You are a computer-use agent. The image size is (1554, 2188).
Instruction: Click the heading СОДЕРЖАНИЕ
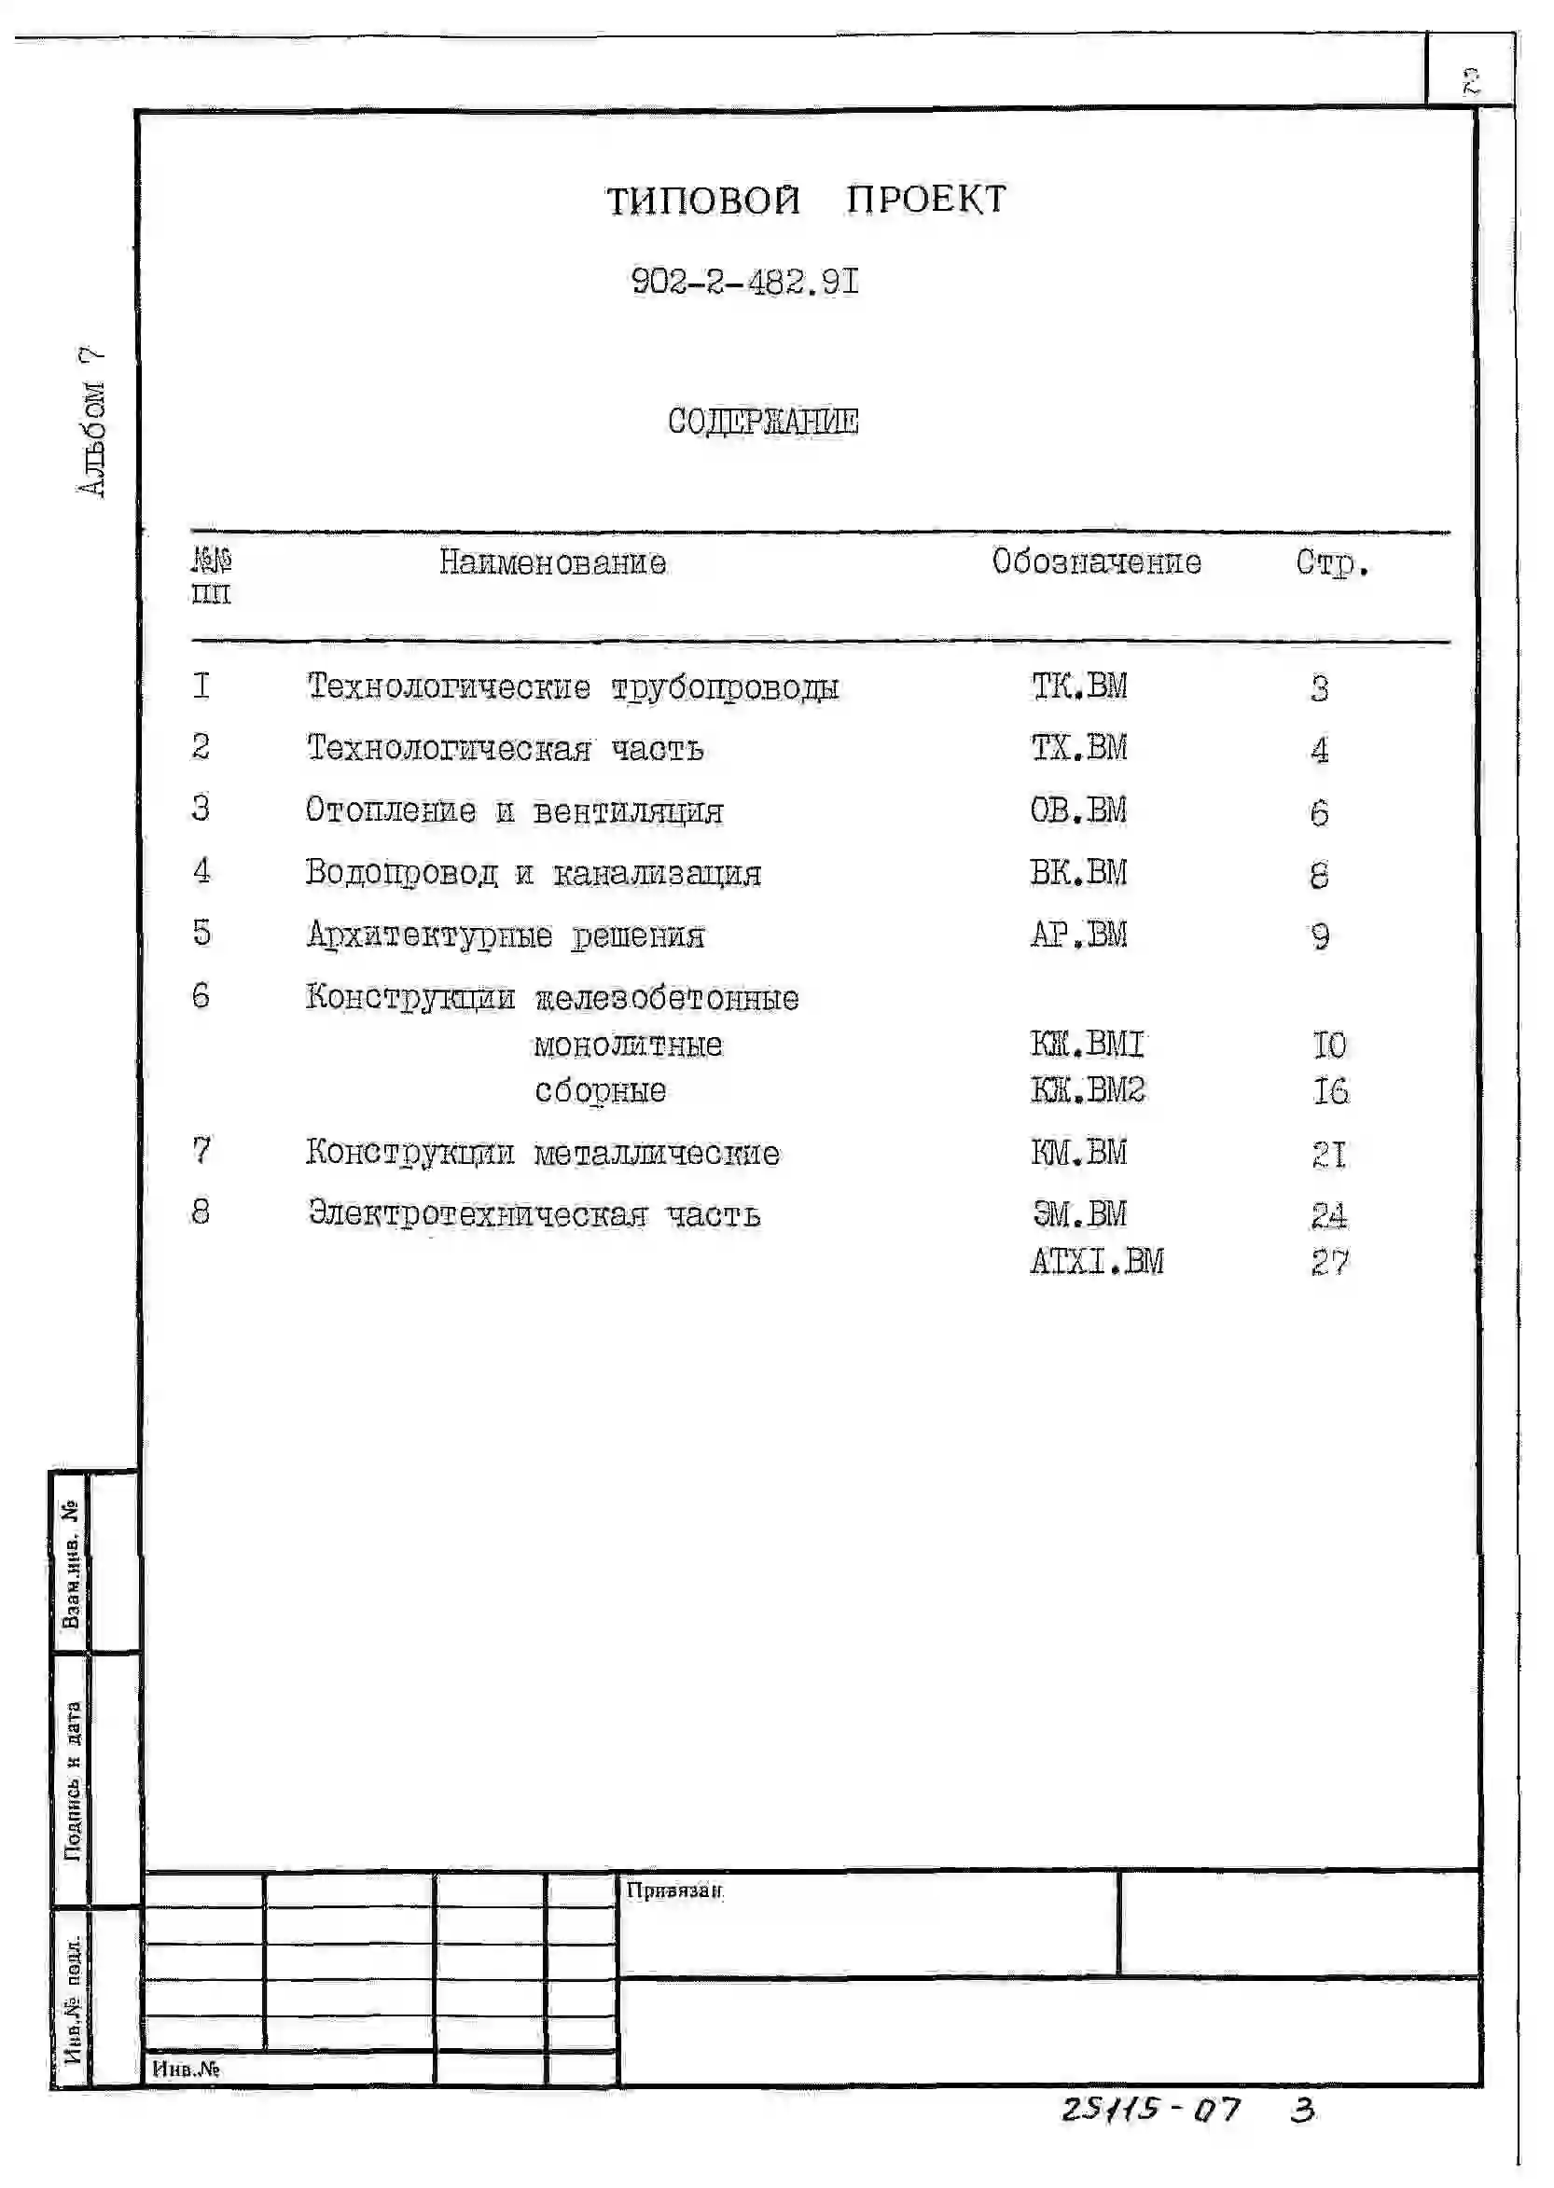pyautogui.click(x=763, y=421)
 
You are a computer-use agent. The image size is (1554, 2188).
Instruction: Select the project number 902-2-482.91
pyautogui.click(x=744, y=283)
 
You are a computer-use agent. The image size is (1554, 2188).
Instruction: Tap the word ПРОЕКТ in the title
pyautogui.click(x=925, y=200)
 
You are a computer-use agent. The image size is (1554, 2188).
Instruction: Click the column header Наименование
pyautogui.click(x=552, y=562)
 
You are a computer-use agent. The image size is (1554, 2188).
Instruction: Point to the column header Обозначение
pyautogui.click(x=1096, y=561)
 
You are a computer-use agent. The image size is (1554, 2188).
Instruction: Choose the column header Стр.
pyautogui.click(x=1332, y=562)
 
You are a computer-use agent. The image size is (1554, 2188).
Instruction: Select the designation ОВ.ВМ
pyautogui.click(x=1078, y=810)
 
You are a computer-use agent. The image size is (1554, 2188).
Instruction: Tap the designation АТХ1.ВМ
pyautogui.click(x=1097, y=1262)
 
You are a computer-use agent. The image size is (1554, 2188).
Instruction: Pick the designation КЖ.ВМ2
pyautogui.click(x=1087, y=1090)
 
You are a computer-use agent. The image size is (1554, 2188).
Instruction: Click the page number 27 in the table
pyautogui.click(x=1329, y=1263)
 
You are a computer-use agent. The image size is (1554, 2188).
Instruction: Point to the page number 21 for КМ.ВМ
pyautogui.click(x=1329, y=1155)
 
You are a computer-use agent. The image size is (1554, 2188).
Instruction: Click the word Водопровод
pyautogui.click(x=402, y=874)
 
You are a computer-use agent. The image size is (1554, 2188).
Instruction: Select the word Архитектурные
pyautogui.click(x=430, y=935)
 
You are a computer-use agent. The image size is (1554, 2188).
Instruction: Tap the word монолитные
pyautogui.click(x=628, y=1045)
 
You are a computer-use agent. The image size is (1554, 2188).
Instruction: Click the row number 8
pyautogui.click(x=200, y=1213)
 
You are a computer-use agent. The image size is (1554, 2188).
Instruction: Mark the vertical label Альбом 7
pyautogui.click(x=90, y=422)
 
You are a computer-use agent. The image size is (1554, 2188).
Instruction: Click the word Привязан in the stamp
pyautogui.click(x=673, y=1890)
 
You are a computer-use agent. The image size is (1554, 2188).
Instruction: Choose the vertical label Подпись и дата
pyautogui.click(x=73, y=1780)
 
